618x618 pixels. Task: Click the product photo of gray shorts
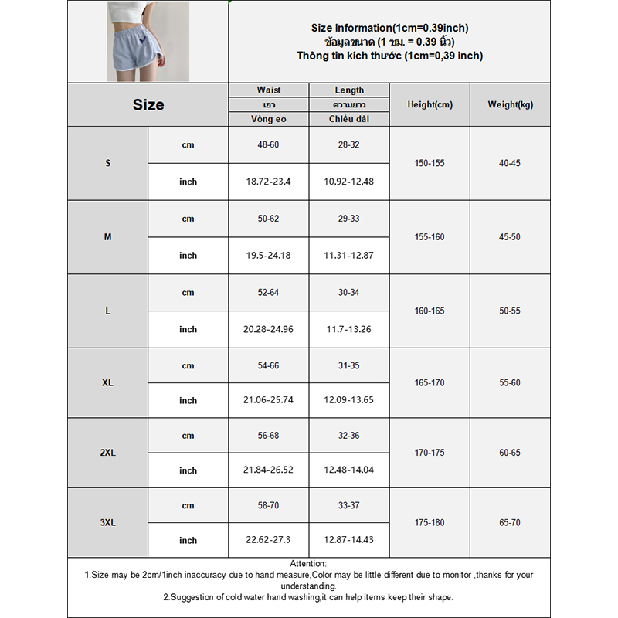[x=148, y=41]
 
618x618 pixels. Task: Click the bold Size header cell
[x=148, y=105]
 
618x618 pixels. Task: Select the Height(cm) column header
[x=430, y=105]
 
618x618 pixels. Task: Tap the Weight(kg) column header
[x=510, y=105]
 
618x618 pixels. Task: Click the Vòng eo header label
[x=268, y=119]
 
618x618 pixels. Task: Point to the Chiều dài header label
[x=349, y=119]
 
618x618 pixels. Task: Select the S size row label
[x=107, y=163]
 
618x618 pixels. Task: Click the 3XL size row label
[x=107, y=523]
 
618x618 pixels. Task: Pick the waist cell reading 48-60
[x=268, y=144]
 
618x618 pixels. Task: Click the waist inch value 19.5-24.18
[x=268, y=256]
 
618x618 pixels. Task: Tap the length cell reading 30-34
[x=349, y=293]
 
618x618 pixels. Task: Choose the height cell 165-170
[x=430, y=383]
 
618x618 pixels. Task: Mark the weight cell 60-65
[x=510, y=453]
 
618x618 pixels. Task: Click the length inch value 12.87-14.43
[x=349, y=541]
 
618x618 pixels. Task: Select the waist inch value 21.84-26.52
[x=268, y=470]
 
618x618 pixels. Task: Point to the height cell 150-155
[x=430, y=163]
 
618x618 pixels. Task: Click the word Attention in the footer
[x=308, y=564]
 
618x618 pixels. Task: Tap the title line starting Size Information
[x=389, y=28]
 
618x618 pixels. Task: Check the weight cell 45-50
[x=510, y=237]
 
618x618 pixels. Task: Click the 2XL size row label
[x=107, y=453]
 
